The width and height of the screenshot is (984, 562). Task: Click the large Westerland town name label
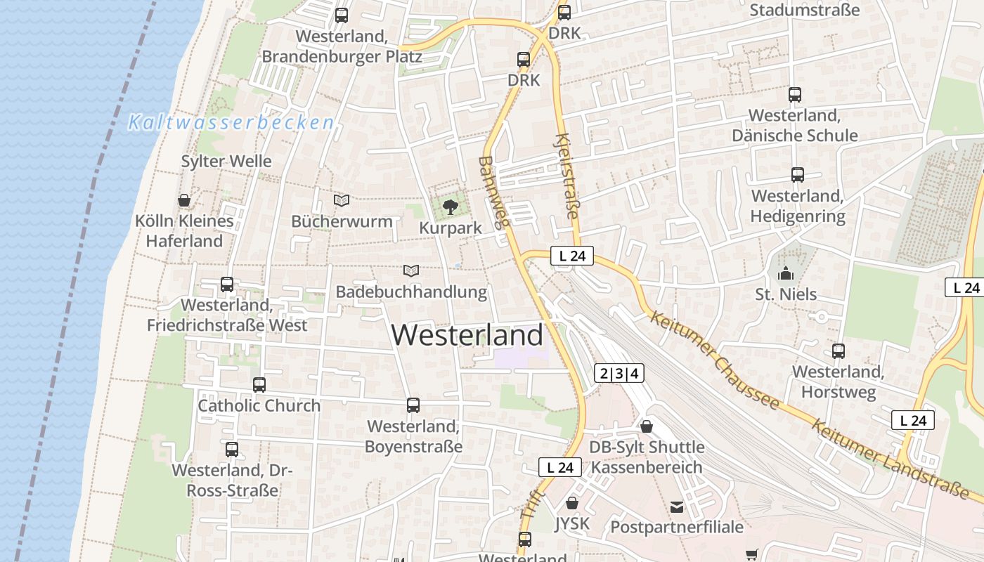[x=467, y=335]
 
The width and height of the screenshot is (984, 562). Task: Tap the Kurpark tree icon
[x=450, y=207]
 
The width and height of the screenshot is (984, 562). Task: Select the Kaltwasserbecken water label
[x=231, y=123]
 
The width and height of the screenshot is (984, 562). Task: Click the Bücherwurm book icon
[x=342, y=201]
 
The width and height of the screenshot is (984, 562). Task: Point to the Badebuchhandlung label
[x=411, y=292]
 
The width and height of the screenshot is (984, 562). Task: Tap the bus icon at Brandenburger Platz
[x=342, y=15]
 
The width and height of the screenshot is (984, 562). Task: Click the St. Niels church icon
[x=785, y=273]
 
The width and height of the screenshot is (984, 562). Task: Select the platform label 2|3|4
[x=619, y=373]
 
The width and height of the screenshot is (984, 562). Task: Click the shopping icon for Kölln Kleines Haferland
[x=184, y=201]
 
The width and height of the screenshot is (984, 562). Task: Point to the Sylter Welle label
[x=226, y=161]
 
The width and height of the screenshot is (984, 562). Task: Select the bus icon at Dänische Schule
[x=795, y=94]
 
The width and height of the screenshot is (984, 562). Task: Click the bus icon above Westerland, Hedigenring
[x=798, y=175]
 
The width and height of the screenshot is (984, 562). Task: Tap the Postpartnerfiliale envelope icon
[x=677, y=507]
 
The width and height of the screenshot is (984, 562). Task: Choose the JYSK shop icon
[x=572, y=503]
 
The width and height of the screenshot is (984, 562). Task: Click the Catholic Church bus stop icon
[x=259, y=384]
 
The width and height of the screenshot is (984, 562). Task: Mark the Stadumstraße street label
[x=805, y=10]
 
